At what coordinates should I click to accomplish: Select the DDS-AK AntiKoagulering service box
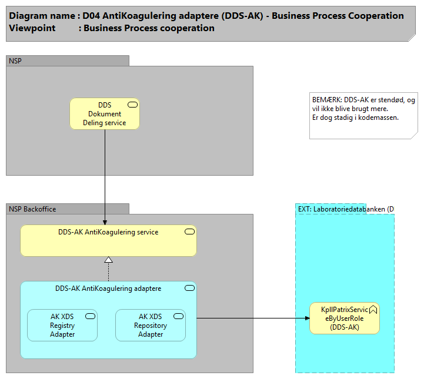tap(108, 241)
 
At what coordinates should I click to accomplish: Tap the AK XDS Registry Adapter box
tap(62, 326)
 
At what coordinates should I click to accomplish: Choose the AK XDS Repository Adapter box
tap(151, 326)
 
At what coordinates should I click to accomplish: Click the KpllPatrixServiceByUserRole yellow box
tap(345, 318)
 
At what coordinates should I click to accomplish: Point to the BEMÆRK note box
tap(363, 116)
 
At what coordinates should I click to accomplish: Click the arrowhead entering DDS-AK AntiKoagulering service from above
tap(105, 222)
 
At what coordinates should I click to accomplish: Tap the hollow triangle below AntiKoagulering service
tap(108, 260)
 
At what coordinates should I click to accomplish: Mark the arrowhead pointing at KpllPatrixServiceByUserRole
tap(306, 318)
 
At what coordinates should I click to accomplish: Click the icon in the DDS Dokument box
tap(132, 105)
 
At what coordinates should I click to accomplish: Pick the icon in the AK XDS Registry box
tap(90, 316)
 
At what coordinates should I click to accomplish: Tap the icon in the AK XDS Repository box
tap(178, 316)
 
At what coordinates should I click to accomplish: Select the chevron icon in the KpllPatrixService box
tap(373, 308)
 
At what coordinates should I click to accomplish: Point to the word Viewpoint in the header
tap(32, 28)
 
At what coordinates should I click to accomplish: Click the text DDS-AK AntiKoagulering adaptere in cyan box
tap(108, 289)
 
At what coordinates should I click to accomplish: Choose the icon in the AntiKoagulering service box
tap(189, 232)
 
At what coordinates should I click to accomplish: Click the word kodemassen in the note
tap(379, 118)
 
